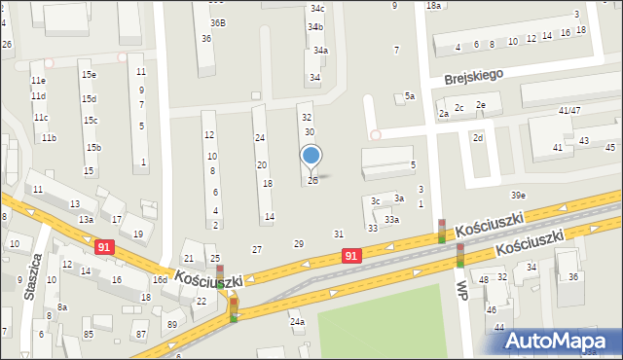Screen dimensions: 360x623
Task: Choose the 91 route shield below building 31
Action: tap(352, 255)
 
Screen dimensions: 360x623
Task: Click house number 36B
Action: tap(217, 22)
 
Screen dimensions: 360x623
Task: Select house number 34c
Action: tap(316, 9)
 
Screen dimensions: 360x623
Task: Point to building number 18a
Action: tap(434, 6)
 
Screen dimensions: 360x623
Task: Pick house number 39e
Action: tap(518, 196)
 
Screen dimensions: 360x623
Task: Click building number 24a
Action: tap(297, 321)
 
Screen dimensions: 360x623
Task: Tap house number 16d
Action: tap(160, 279)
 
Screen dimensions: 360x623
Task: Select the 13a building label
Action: tap(86, 220)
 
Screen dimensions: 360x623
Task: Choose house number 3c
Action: tap(376, 201)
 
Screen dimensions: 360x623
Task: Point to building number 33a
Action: tap(391, 220)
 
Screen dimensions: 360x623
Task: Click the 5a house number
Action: tap(410, 96)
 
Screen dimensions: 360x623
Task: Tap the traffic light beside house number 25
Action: tap(220, 275)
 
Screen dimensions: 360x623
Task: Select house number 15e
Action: tap(89, 75)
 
